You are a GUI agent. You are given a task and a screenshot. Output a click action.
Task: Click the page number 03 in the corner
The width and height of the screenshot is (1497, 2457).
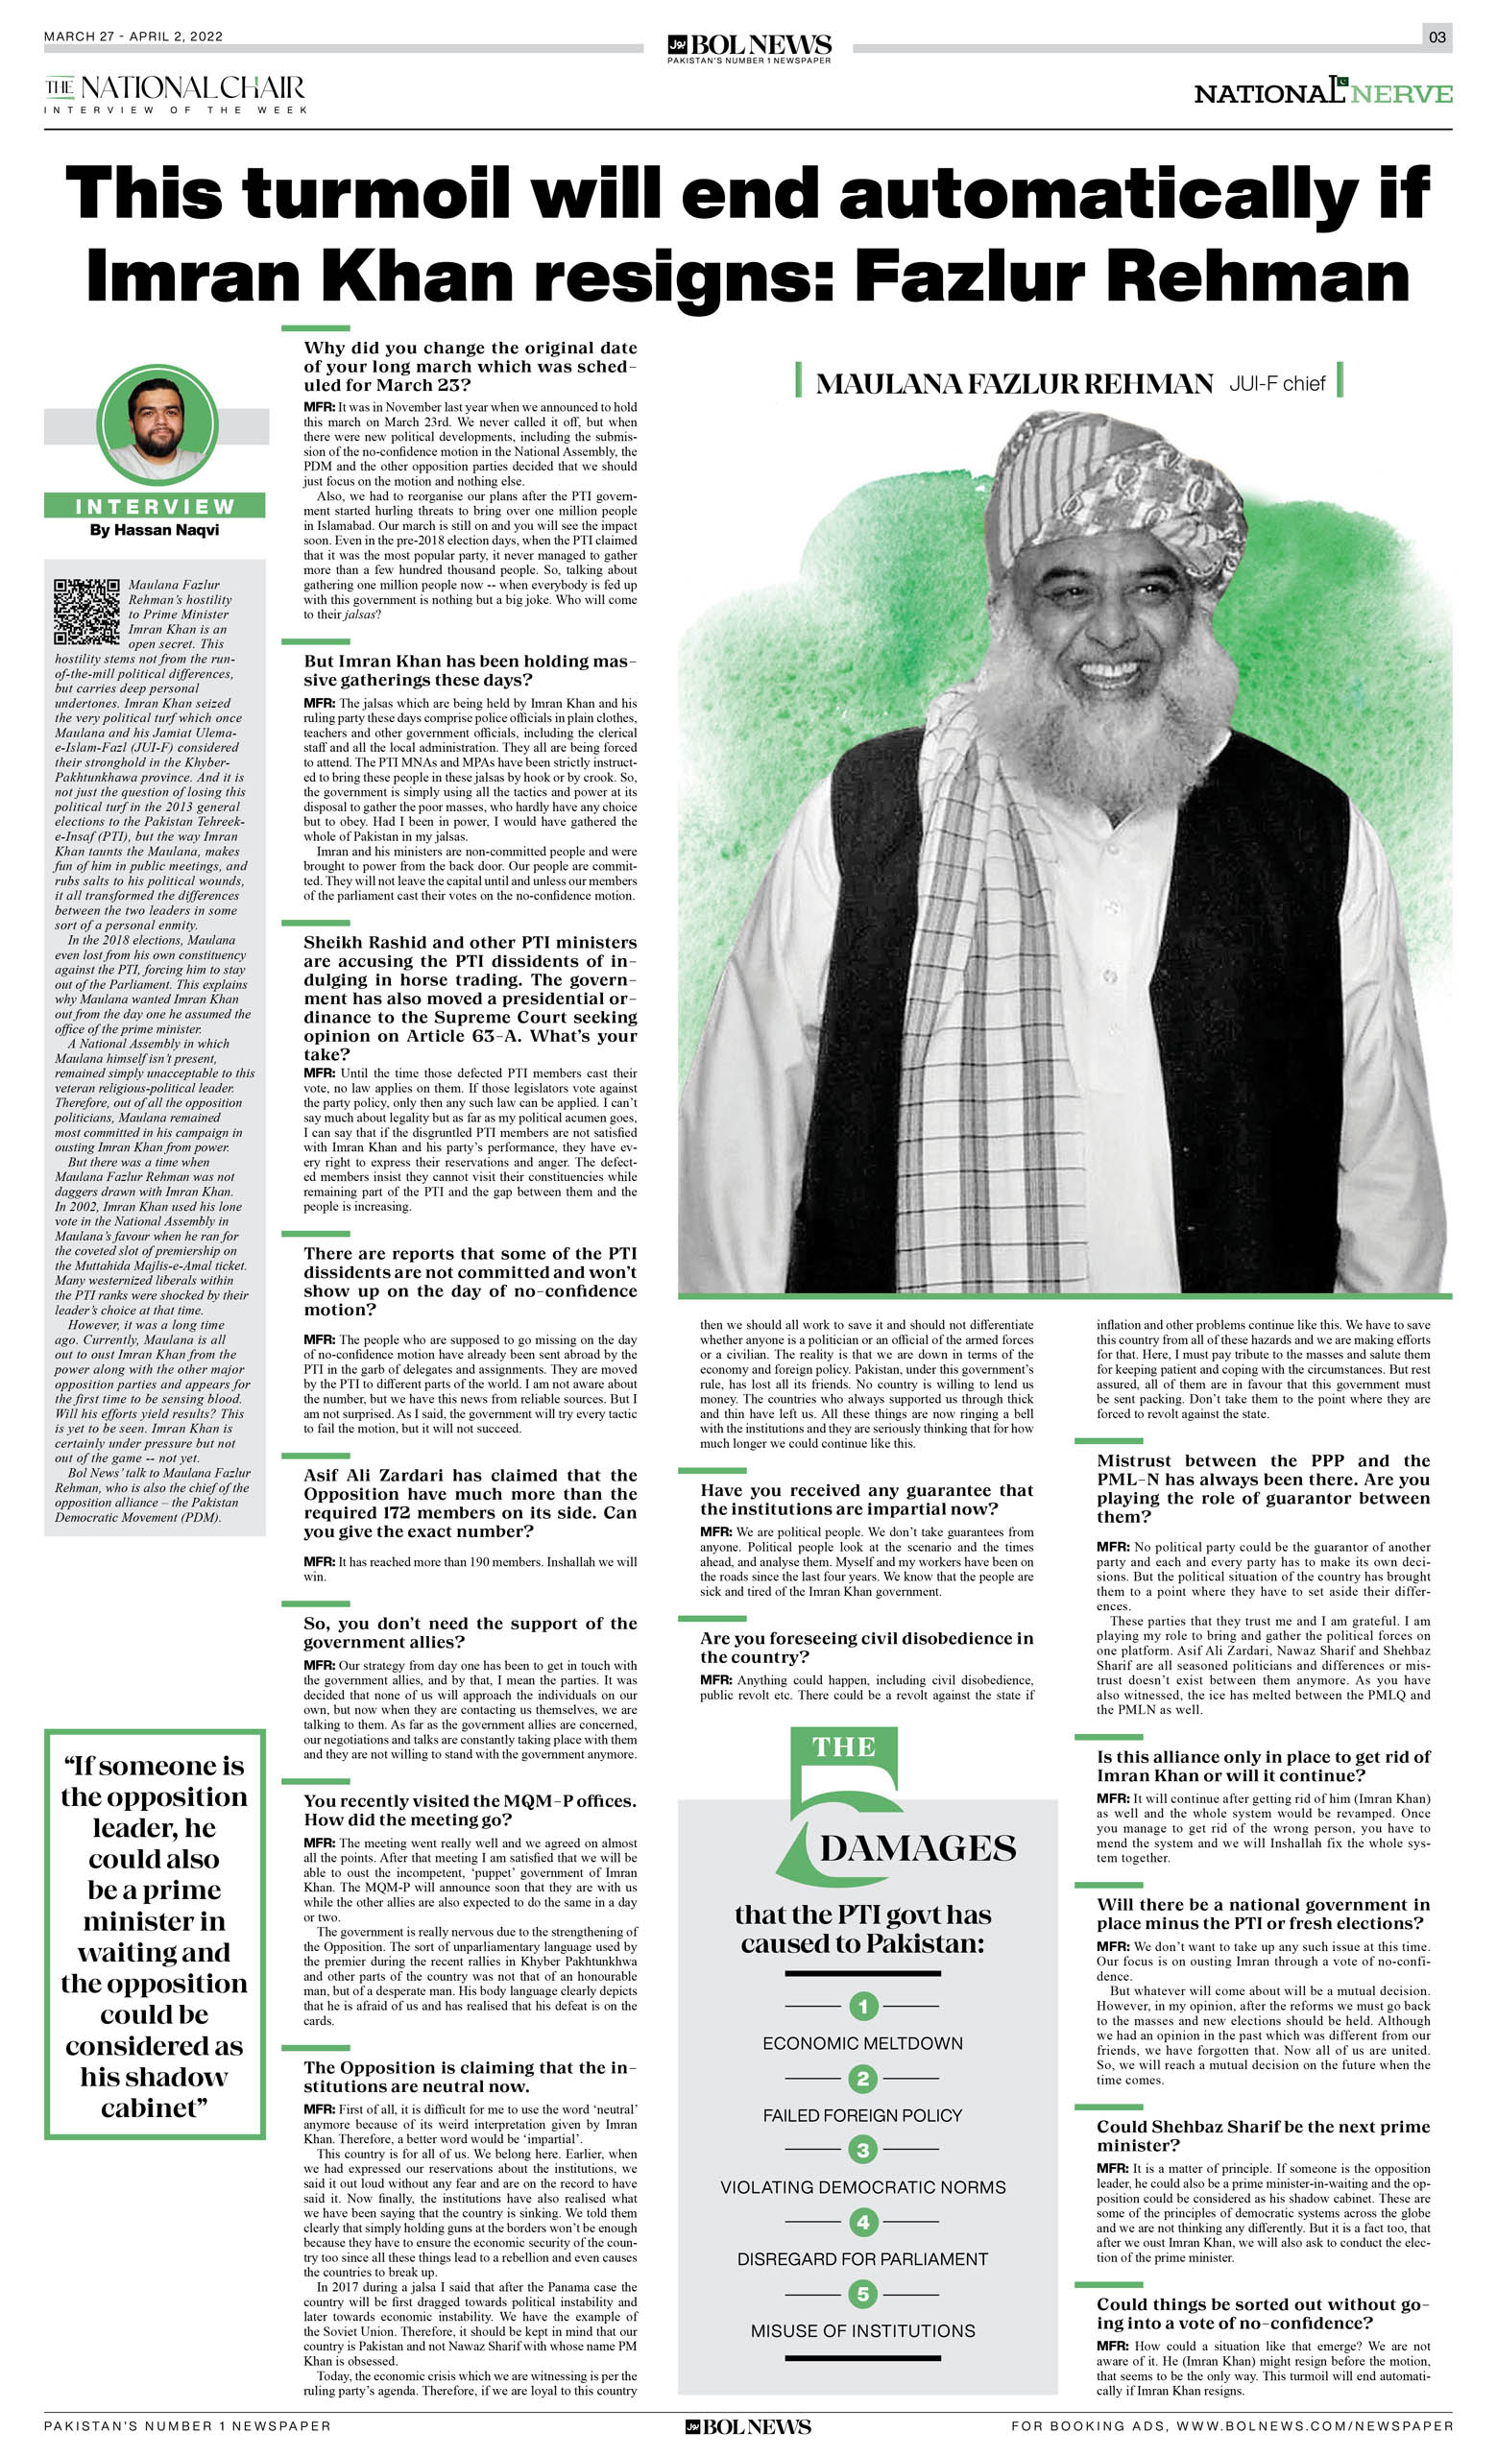click(x=1437, y=36)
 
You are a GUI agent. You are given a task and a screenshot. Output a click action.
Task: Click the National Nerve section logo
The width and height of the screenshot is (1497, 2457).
click(x=1322, y=93)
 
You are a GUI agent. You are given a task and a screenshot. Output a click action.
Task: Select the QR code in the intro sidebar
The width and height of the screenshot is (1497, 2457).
click(x=86, y=611)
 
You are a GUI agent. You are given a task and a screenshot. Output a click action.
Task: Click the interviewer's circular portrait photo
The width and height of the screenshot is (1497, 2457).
click(x=157, y=423)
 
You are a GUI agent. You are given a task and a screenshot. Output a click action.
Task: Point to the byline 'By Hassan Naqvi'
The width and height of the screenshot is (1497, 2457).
click(x=155, y=529)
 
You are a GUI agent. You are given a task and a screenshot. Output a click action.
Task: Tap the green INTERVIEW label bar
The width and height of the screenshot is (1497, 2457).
click(x=155, y=506)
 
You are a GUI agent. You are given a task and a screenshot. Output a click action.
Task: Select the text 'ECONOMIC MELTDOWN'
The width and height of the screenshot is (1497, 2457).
click(x=862, y=2043)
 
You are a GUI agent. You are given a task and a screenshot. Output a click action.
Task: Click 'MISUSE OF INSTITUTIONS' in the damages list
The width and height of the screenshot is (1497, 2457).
click(x=862, y=2331)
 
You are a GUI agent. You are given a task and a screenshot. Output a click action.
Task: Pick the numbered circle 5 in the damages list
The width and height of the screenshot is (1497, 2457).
click(x=862, y=2295)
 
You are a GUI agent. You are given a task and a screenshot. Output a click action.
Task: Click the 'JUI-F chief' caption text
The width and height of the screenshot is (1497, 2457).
click(x=1276, y=383)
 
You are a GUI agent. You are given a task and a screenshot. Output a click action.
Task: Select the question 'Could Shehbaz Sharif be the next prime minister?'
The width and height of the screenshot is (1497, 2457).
click(x=1263, y=2136)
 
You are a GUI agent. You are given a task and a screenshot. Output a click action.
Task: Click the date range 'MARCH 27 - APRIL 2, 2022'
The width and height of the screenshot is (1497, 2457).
click(x=133, y=36)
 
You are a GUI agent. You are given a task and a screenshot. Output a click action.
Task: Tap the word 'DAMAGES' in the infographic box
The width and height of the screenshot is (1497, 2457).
click(x=918, y=1847)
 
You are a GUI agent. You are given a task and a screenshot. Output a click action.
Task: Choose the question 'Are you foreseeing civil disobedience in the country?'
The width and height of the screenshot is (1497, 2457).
click(x=866, y=1648)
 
